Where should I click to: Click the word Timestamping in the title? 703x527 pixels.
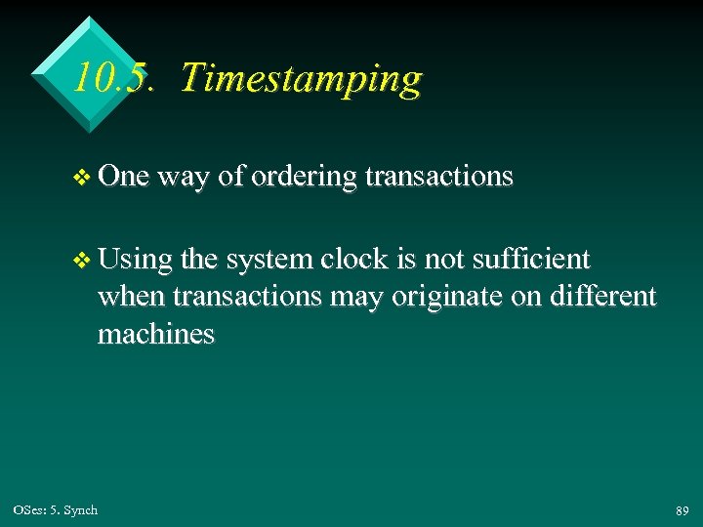(301, 78)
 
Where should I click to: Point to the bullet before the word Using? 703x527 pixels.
(82, 261)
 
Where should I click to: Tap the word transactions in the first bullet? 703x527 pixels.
(438, 176)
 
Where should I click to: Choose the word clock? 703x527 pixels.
(361, 260)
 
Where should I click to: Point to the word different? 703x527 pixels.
(601, 296)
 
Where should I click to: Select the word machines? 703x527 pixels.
(155, 334)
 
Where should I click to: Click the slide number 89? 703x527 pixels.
(682, 510)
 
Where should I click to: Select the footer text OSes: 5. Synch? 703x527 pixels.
(56, 509)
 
